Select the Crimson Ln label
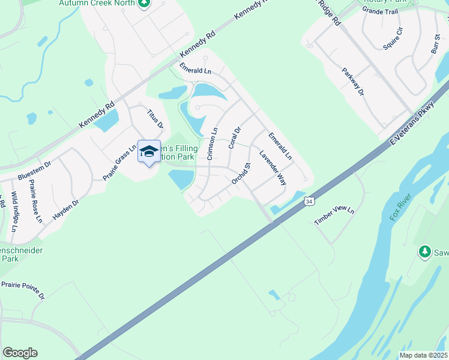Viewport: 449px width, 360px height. tap(212, 144)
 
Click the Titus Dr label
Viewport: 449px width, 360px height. tap(155, 118)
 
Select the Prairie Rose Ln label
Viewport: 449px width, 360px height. tap(35, 202)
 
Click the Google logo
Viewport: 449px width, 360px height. tap(20, 353)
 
